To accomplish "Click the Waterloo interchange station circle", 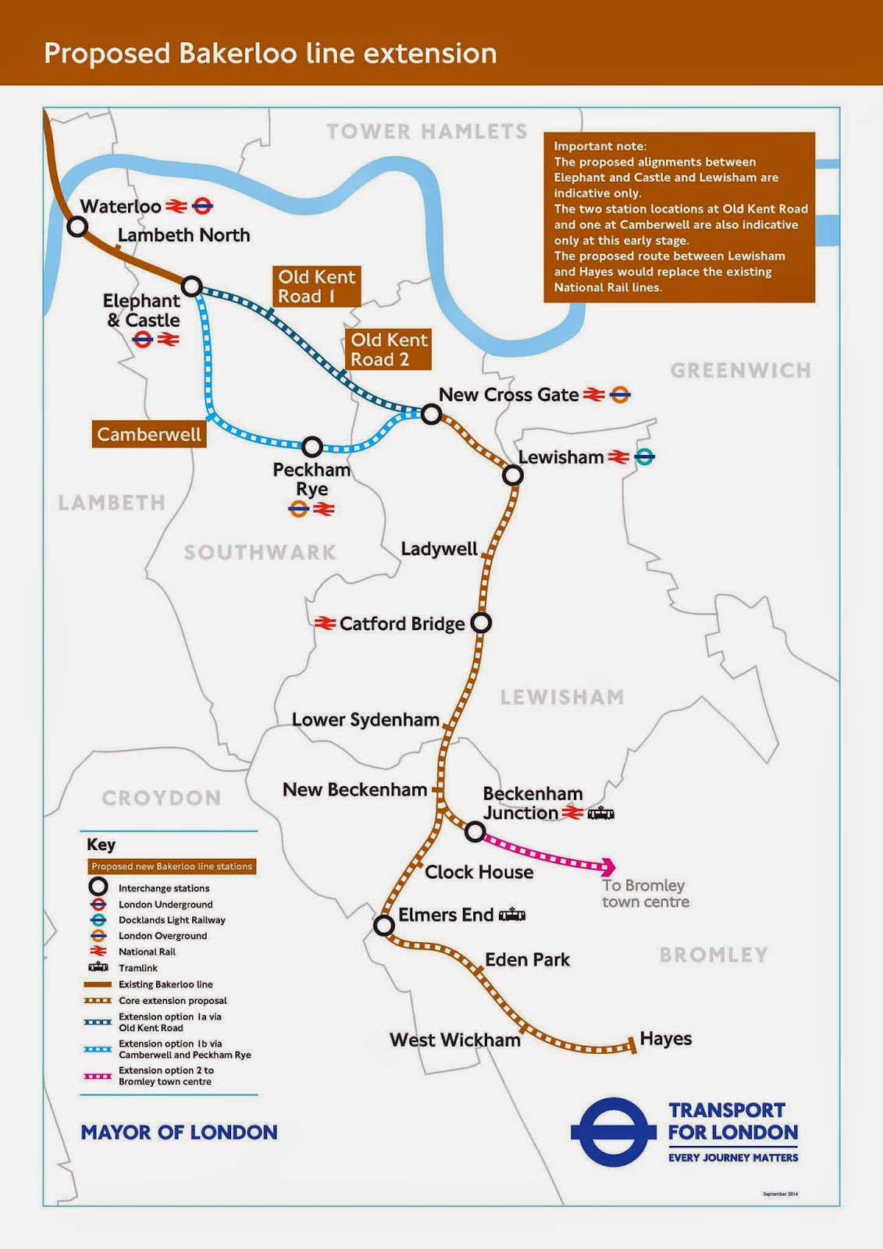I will click(x=77, y=226).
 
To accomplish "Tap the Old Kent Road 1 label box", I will click(x=316, y=286).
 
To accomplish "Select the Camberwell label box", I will click(x=148, y=434).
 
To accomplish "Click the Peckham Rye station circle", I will click(x=312, y=447).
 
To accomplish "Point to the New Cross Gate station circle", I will click(x=432, y=414).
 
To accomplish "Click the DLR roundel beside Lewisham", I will click(x=644, y=457).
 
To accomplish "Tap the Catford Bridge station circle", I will click(x=482, y=623).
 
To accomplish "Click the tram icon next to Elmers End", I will click(x=512, y=915).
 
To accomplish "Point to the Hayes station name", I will click(x=665, y=1038).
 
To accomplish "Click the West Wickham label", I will click(x=454, y=1040).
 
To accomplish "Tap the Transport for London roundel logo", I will click(x=613, y=1132).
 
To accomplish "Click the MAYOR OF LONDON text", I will click(x=179, y=1132).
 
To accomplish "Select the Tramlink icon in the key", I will click(x=98, y=967).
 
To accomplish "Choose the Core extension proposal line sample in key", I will click(x=98, y=1000).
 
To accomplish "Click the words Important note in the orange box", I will click(x=600, y=146).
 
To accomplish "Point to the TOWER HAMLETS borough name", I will click(x=426, y=131).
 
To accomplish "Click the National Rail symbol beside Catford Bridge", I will click(x=325, y=623).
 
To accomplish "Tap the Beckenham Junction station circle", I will click(x=475, y=832).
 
